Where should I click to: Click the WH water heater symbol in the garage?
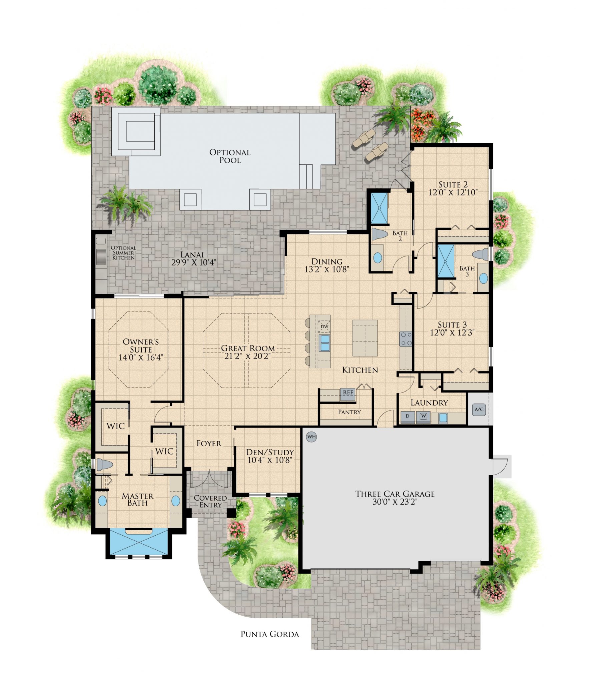click(311, 437)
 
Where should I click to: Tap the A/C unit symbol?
click(479, 410)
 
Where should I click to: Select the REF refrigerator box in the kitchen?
click(348, 393)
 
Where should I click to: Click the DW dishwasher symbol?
click(324, 326)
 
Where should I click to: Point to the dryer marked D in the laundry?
click(407, 416)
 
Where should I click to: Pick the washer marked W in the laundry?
click(423, 416)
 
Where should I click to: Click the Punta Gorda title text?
click(269, 634)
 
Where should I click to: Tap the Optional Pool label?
click(230, 156)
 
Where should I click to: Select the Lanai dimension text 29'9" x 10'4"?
click(194, 262)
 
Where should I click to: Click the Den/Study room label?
click(270, 452)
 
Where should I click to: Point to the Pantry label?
click(349, 412)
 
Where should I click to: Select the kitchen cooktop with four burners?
click(406, 338)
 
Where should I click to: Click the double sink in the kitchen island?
click(324, 343)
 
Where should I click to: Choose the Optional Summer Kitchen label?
click(123, 253)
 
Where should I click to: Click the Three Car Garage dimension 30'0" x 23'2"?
click(395, 502)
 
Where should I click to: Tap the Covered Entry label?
click(210, 502)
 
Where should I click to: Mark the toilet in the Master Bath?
click(104, 464)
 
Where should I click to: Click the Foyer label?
click(209, 444)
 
